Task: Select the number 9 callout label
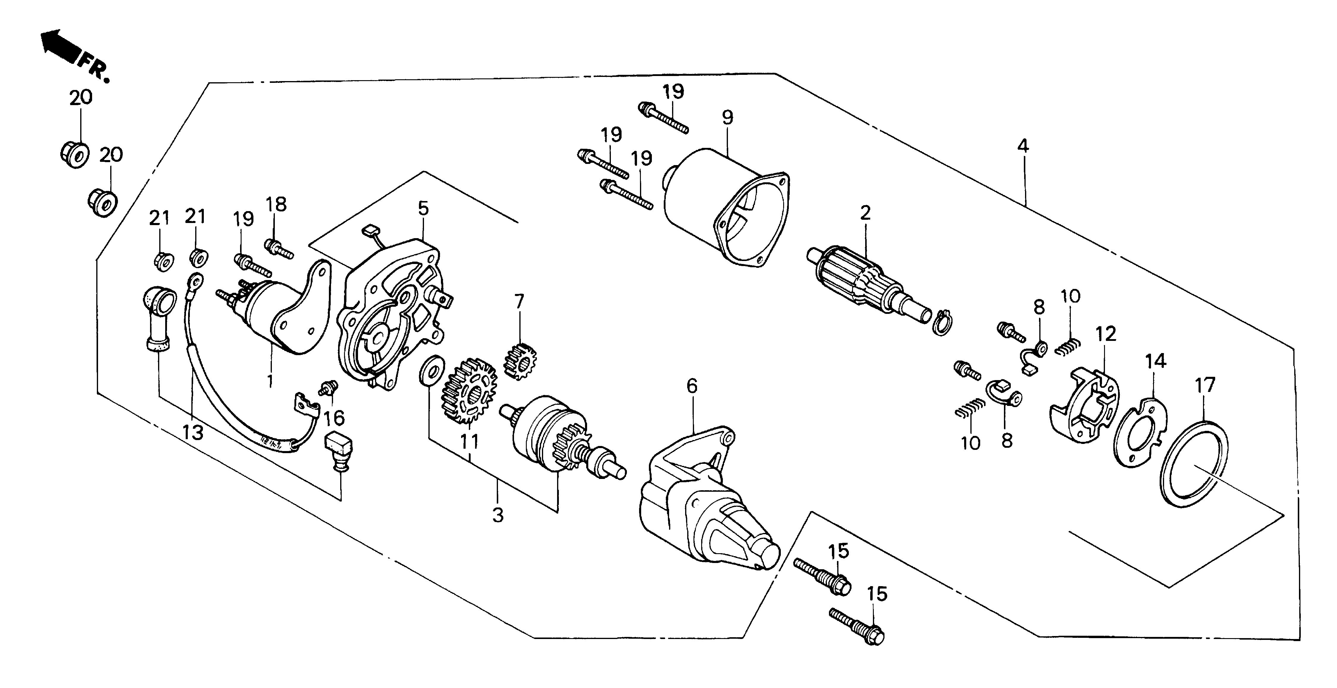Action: pyautogui.click(x=728, y=117)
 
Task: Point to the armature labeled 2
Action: pyautogui.click(x=856, y=283)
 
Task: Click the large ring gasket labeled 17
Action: pyautogui.click(x=1194, y=464)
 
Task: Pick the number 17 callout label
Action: pyautogui.click(x=1205, y=385)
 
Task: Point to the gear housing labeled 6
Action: pyautogui.click(x=706, y=498)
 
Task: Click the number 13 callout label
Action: pyautogui.click(x=193, y=432)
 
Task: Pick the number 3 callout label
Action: pyautogui.click(x=497, y=515)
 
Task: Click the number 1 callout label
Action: pyautogui.click(x=270, y=381)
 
